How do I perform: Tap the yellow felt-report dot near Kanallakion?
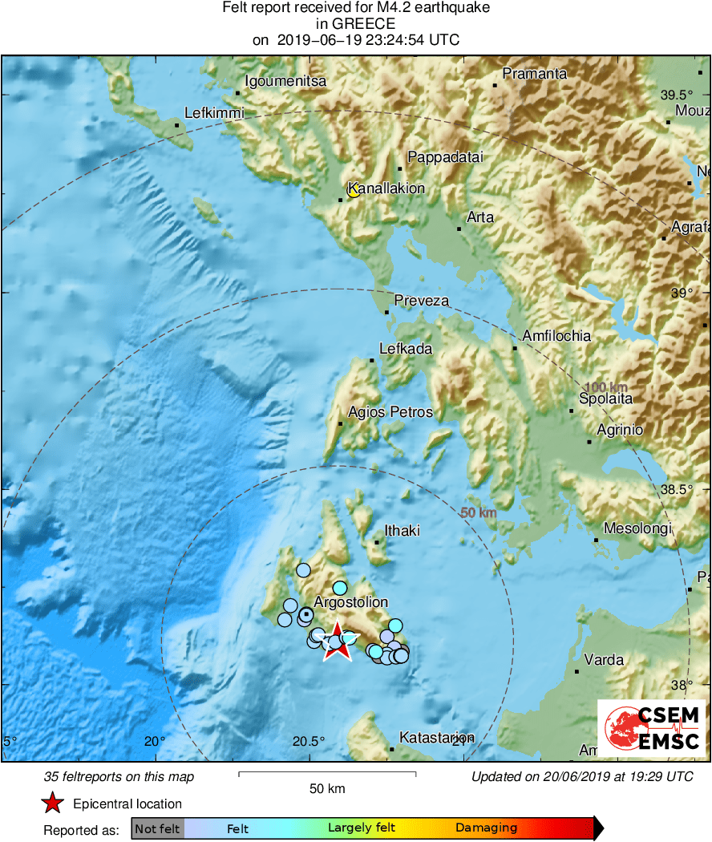tap(353, 192)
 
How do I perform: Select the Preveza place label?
tap(421, 301)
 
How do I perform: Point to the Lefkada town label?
tap(406, 349)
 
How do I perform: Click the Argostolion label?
tap(350, 602)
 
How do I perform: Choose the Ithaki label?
tap(403, 531)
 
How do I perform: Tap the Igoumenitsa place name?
tap(285, 82)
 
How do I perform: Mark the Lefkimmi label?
tap(214, 114)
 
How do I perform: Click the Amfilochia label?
tap(556, 336)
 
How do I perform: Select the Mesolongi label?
tap(637, 529)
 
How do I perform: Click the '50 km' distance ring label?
tap(479, 512)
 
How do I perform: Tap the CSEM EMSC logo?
tap(651, 728)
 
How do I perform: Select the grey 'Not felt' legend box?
tap(157, 828)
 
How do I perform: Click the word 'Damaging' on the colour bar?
tap(486, 828)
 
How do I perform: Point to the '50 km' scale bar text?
tap(327, 789)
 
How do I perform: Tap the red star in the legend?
tap(52, 804)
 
